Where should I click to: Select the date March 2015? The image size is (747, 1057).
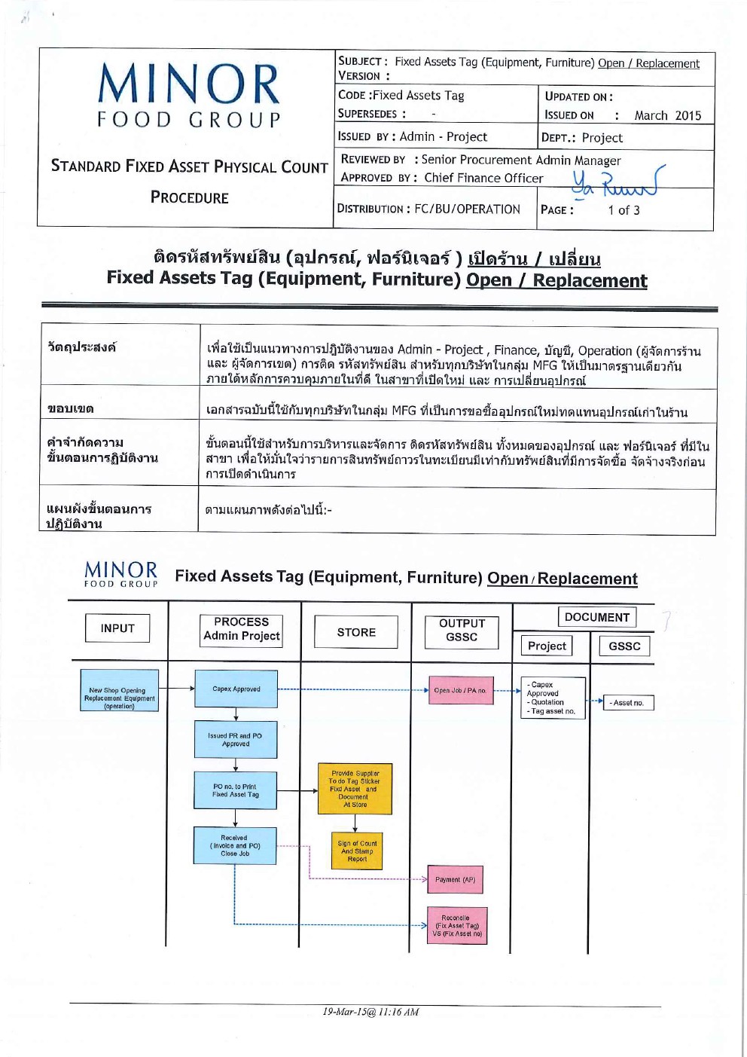pyautogui.click(x=667, y=115)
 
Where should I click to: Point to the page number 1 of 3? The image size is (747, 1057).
pyautogui.click(x=624, y=210)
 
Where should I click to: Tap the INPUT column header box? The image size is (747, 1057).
pyautogui.click(x=117, y=628)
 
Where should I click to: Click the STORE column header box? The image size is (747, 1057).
pyautogui.click(x=356, y=632)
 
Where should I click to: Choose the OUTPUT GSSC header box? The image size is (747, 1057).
pyautogui.click(x=462, y=631)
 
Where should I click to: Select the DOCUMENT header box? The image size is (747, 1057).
pyautogui.click(x=596, y=617)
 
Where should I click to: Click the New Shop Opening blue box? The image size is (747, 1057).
pyautogui.click(x=119, y=691)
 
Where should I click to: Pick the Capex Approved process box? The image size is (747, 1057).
pyautogui.click(x=236, y=689)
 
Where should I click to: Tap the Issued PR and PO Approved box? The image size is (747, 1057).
pyautogui.click(x=236, y=740)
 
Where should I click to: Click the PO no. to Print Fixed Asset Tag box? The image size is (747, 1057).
pyautogui.click(x=235, y=790)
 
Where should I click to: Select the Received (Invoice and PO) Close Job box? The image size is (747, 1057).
pyautogui.click(x=235, y=845)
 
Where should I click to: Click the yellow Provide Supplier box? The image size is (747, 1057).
pyautogui.click(x=355, y=789)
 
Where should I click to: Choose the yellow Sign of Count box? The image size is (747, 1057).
pyautogui.click(x=357, y=851)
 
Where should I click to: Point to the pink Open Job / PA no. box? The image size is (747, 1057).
pyautogui.click(x=460, y=690)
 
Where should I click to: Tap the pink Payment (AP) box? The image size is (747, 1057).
pyautogui.click(x=455, y=879)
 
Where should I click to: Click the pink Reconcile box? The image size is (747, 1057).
pyautogui.click(x=456, y=926)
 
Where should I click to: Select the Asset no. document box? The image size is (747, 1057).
pyautogui.click(x=627, y=703)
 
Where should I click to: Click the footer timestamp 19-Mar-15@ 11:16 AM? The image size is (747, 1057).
pyautogui.click(x=370, y=1012)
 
